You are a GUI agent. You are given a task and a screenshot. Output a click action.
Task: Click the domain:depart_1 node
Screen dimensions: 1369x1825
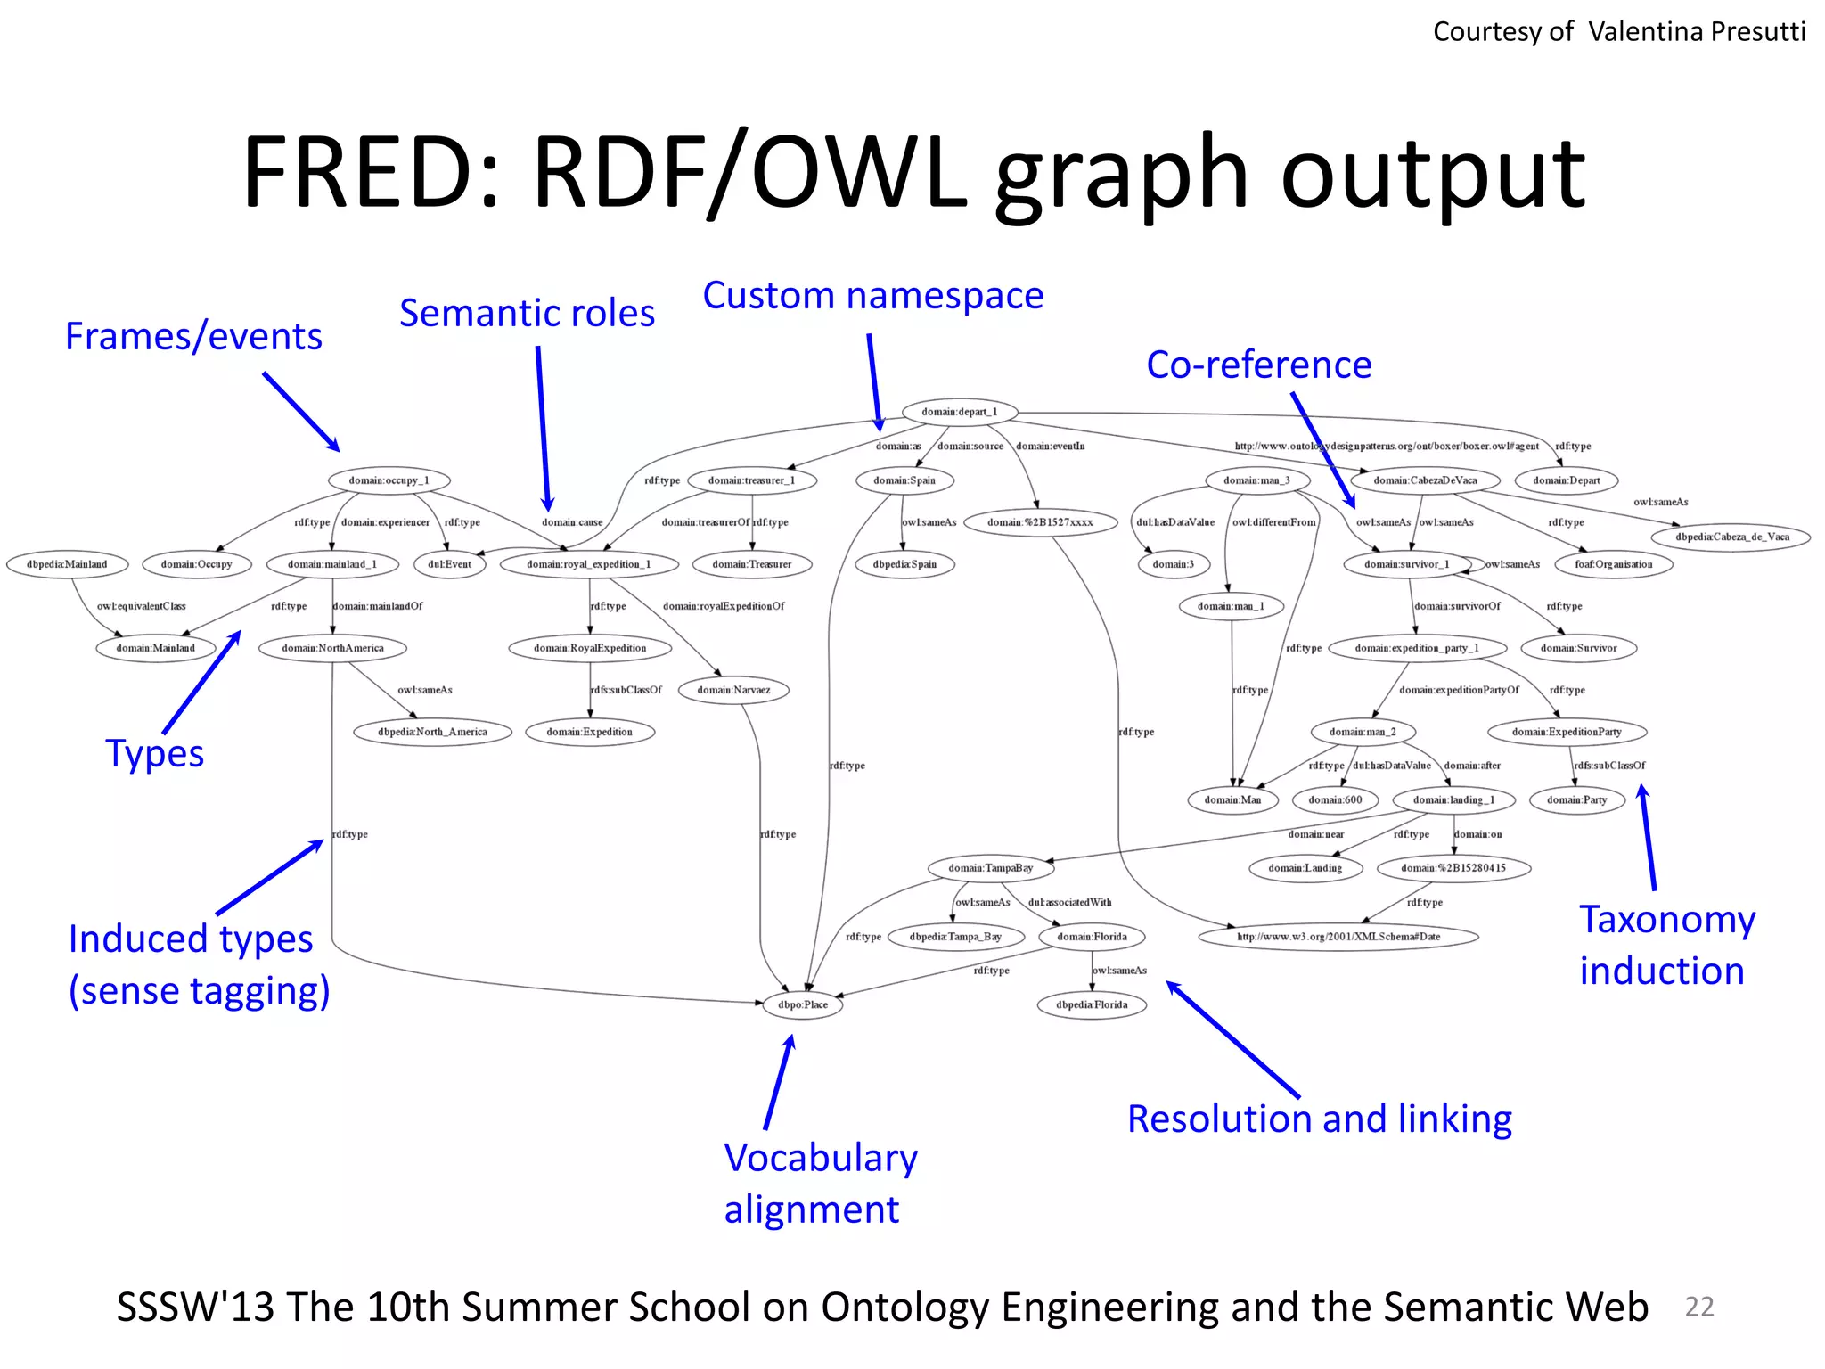(x=959, y=412)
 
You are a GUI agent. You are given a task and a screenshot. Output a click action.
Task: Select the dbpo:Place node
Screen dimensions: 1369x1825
(x=803, y=1004)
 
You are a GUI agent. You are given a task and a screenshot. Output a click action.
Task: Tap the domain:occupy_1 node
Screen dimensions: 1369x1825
(x=389, y=480)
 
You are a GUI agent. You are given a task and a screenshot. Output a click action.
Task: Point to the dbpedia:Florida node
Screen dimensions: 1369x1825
(x=1092, y=1004)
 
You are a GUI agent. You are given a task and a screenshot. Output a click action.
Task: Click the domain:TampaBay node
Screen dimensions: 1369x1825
(x=990, y=868)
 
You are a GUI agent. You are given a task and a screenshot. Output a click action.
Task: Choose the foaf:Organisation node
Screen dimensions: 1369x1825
(x=1613, y=564)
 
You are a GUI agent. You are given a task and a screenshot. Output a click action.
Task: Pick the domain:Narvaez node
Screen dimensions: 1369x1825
(x=733, y=690)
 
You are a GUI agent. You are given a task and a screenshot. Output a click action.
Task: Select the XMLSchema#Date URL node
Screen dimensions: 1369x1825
(x=1338, y=937)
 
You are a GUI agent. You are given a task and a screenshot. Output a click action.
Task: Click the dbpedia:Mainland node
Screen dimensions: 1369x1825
(x=67, y=564)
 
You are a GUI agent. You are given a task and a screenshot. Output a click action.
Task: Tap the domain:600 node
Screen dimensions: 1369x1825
(x=1335, y=799)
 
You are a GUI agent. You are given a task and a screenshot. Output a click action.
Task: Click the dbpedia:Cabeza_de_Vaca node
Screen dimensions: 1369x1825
(x=1731, y=537)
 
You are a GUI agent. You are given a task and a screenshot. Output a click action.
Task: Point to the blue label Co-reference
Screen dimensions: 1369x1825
(x=1258, y=365)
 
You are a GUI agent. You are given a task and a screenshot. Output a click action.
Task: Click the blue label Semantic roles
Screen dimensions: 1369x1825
(x=527, y=314)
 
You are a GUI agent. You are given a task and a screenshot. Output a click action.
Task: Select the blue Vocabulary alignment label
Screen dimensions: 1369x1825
(x=820, y=1184)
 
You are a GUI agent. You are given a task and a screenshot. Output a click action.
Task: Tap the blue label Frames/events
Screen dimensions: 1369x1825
(x=193, y=337)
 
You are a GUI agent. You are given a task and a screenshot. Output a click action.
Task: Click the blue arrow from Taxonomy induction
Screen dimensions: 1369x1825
(x=1649, y=838)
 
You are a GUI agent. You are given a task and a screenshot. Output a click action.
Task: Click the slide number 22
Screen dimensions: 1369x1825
(x=1698, y=1307)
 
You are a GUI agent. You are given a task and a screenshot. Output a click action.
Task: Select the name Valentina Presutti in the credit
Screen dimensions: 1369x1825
(x=1696, y=32)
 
